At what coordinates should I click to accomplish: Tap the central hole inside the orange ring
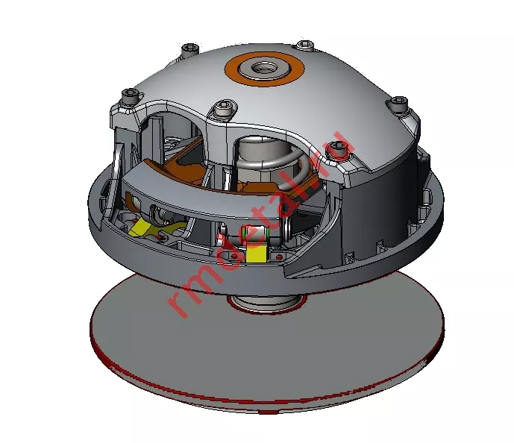[263, 68]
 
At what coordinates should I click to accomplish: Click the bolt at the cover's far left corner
[130, 95]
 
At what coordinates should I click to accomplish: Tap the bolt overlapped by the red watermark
[339, 149]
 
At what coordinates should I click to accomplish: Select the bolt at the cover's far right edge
[398, 103]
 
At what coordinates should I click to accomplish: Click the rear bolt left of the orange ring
[189, 49]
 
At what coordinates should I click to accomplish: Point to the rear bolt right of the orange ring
[305, 44]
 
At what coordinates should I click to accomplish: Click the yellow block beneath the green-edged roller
[256, 253]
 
